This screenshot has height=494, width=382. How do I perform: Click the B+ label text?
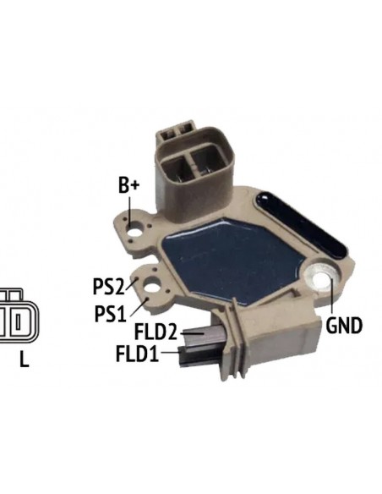(128, 185)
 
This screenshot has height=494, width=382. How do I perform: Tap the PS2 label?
(108, 287)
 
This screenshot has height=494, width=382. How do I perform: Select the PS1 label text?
(110, 314)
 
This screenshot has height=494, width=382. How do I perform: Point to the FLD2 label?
(156, 332)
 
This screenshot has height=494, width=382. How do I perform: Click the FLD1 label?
(138, 354)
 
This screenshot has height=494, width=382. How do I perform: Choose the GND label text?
(344, 326)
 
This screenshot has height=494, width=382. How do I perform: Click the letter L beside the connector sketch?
(25, 359)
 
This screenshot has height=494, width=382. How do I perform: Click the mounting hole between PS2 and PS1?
(152, 288)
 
